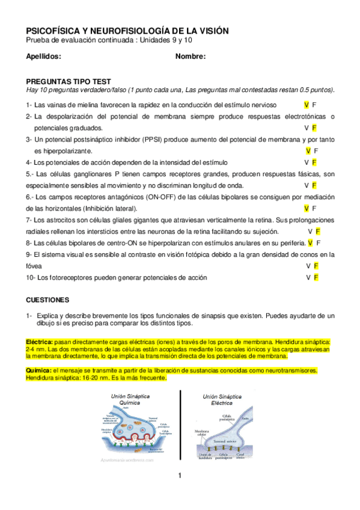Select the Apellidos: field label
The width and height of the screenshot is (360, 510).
44,57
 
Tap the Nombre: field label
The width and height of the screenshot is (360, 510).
191,57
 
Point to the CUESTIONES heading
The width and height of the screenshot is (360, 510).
48,299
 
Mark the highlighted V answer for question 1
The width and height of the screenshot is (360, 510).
307,105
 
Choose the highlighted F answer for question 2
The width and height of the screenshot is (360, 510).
314,128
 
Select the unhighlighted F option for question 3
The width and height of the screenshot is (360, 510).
316,151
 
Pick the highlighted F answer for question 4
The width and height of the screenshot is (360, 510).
314,162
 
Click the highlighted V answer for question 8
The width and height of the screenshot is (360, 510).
310,243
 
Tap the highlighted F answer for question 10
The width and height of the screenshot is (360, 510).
316,277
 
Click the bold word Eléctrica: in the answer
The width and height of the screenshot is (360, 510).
39,342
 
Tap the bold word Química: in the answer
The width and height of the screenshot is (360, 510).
38,370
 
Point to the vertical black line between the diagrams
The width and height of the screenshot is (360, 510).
180,426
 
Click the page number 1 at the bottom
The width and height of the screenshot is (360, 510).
179,476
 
